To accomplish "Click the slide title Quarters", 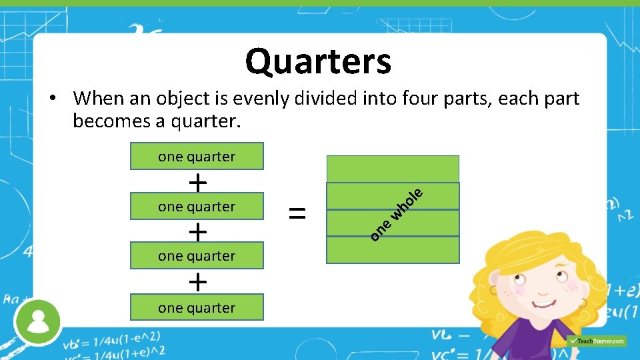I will (318, 62).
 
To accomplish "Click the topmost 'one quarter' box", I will (197, 157).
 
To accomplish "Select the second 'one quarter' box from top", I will (197, 207).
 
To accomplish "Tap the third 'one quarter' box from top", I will (197, 256).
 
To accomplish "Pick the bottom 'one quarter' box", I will (197, 308).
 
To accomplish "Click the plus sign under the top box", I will (197, 181).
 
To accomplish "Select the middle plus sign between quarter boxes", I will (197, 231).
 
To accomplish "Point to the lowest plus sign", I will (197, 282).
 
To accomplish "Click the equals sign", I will (297, 213).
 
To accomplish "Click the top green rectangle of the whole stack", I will (393, 169).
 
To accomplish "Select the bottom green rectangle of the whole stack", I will (393, 250).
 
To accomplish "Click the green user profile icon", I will (38, 321).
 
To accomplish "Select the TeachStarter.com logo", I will (597, 341).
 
